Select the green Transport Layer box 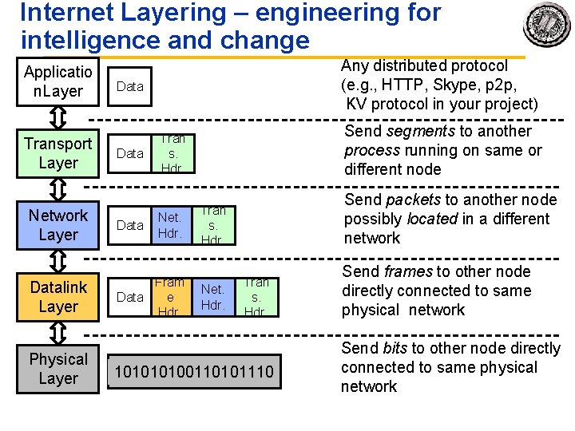coord(57,153)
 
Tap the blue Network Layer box coord(57,225)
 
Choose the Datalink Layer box coord(57,296)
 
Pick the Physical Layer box coord(57,369)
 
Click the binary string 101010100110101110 coord(194,372)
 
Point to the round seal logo coord(547,25)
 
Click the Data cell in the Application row coord(130,86)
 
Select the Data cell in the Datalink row coord(130,297)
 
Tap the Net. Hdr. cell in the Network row coord(170,225)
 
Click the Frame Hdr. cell coord(169,297)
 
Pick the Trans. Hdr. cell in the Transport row coord(172,153)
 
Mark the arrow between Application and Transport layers coord(57,117)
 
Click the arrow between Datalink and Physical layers coord(57,333)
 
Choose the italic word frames coord(407,272)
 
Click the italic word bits coord(395,349)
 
